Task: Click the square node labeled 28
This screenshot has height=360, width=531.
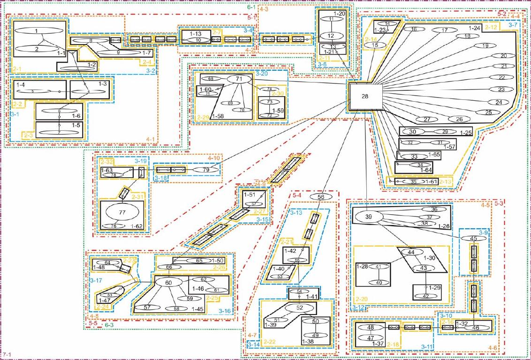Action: click(365, 96)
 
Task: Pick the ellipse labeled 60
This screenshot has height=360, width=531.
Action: click(168, 282)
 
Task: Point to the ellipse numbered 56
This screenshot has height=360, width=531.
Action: click(321, 197)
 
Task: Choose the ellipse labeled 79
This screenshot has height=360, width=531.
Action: click(205, 169)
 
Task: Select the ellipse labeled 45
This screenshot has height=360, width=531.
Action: click(474, 238)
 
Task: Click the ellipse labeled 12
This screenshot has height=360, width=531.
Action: click(331, 36)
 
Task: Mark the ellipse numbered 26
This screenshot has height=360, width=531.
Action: click(459, 119)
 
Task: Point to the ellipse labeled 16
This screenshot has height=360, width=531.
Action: click(414, 29)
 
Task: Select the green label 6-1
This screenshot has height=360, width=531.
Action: click(251, 7)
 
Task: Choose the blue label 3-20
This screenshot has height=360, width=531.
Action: click(261, 74)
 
